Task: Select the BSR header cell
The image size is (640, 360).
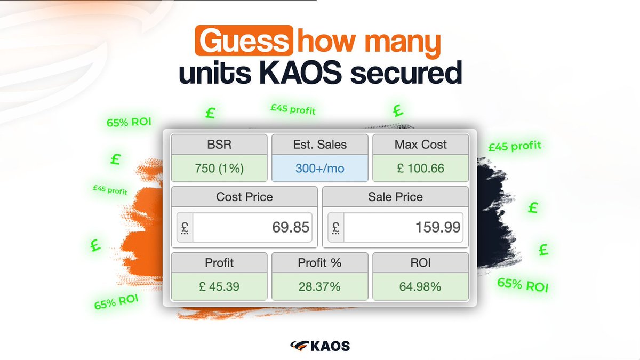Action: [219, 145]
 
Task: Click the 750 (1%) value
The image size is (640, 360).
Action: [219, 169]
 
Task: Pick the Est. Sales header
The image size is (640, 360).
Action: [320, 145]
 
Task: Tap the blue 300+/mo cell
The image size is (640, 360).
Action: [320, 169]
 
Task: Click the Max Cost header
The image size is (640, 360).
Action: [421, 145]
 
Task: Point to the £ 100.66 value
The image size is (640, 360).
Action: [421, 169]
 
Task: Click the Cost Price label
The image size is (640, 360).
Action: [244, 197]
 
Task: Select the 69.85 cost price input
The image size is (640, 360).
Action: [251, 228]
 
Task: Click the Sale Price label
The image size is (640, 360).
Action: [395, 197]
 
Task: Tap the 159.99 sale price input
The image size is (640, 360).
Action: [403, 228]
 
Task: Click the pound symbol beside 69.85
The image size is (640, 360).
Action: [185, 228]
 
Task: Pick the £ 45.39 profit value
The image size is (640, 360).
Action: [219, 287]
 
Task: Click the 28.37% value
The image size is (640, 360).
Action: [320, 287]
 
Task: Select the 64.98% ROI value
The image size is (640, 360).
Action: [421, 287]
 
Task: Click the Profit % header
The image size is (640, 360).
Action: [320, 263]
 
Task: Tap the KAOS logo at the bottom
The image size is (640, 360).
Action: [320, 346]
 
